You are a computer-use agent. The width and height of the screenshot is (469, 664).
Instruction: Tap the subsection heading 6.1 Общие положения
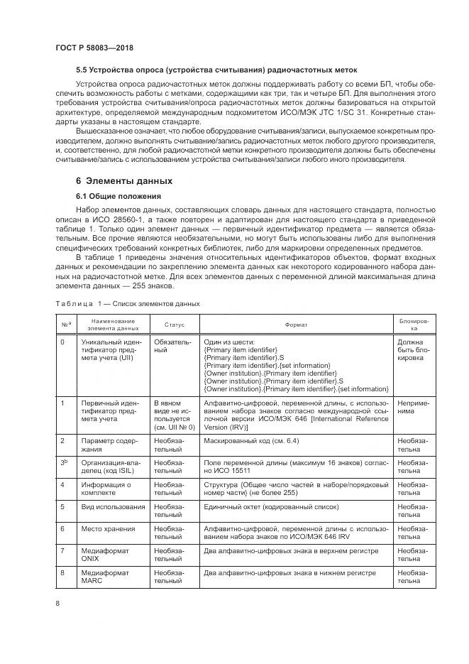point(118,196)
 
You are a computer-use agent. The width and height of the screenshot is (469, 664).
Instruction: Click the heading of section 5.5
point(216,70)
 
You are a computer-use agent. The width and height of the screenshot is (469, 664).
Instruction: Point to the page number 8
point(56,603)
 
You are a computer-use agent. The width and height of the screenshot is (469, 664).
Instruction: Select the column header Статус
point(174,324)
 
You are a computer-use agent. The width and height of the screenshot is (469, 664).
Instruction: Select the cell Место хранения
point(106,528)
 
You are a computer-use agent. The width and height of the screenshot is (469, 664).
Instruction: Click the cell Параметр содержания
point(106,445)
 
